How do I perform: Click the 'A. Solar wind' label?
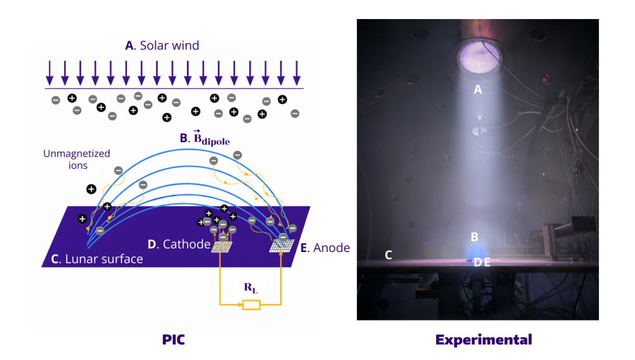(x=162, y=45)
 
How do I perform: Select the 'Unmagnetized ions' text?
(x=76, y=160)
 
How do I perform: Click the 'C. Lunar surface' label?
(x=97, y=259)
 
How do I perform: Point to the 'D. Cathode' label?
(x=179, y=244)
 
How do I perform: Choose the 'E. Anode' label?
(x=325, y=248)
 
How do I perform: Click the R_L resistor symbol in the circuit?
(x=250, y=305)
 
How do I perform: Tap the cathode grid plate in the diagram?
(x=223, y=246)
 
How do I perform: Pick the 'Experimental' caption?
(x=483, y=340)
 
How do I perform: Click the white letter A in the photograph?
(x=478, y=90)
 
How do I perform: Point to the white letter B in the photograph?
(x=475, y=237)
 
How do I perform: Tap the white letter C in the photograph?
(x=388, y=255)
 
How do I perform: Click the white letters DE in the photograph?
(x=482, y=262)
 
